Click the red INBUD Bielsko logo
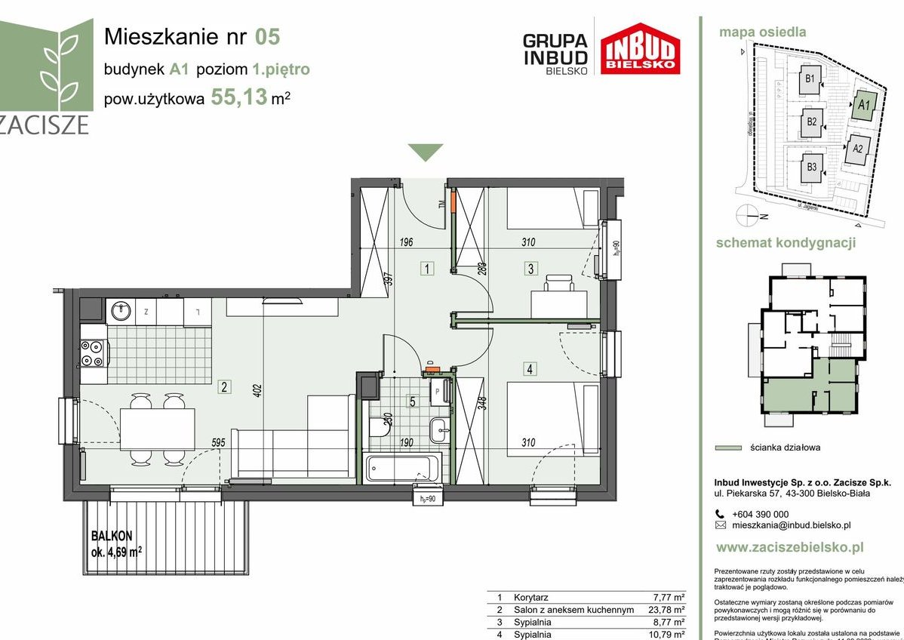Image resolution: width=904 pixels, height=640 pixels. (x=641, y=48)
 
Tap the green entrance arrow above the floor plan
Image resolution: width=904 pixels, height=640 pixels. (x=426, y=152)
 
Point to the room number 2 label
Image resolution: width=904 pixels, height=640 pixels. (x=224, y=388)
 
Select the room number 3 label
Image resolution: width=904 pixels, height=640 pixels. (x=531, y=268)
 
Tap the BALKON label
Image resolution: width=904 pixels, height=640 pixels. (x=112, y=536)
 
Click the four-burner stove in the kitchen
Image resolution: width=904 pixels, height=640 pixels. (x=94, y=353)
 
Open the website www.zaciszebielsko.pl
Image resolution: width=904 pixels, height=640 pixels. (x=789, y=548)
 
